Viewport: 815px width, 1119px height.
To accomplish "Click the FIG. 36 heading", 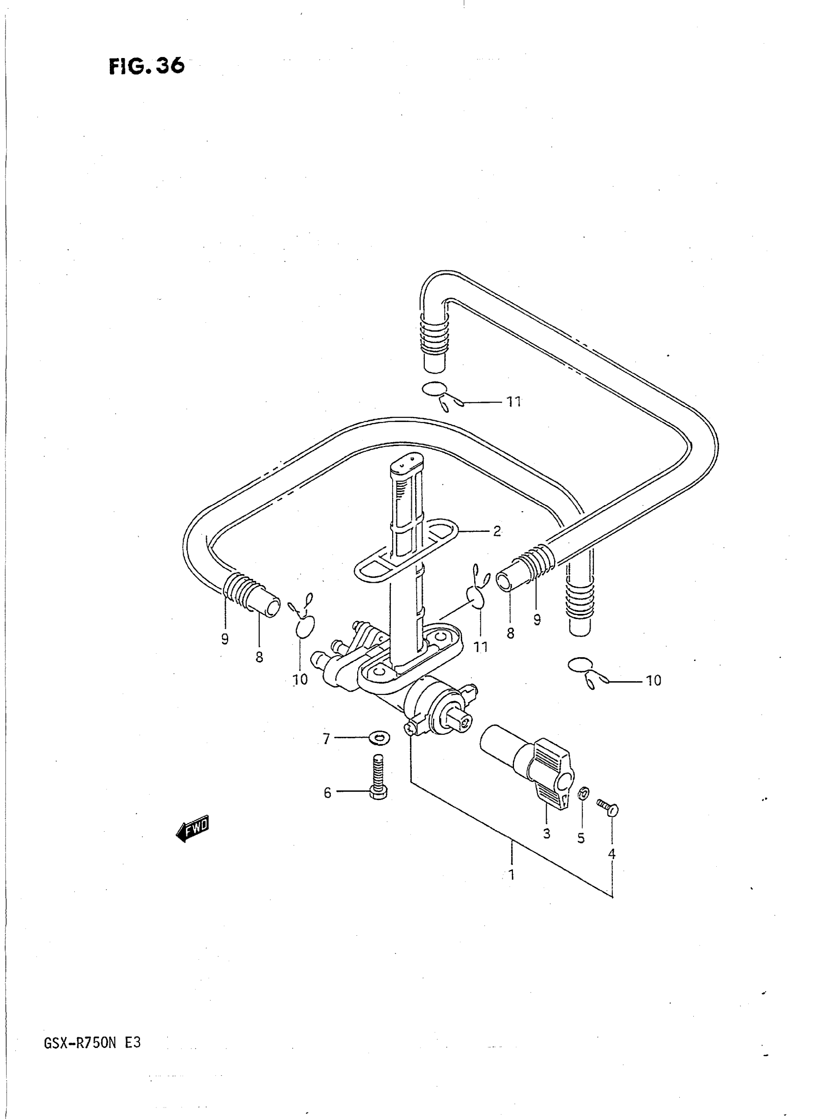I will tap(147, 66).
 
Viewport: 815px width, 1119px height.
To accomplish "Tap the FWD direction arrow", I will tap(193, 827).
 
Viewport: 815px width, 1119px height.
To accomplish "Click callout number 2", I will tap(497, 531).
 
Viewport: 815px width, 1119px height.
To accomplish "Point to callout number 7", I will tap(326, 739).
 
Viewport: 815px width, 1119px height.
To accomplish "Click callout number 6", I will tap(327, 793).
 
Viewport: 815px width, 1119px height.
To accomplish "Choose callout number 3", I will tap(547, 834).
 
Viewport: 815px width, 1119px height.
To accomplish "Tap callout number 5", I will tap(581, 838).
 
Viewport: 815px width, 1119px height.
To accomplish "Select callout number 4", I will tap(612, 853).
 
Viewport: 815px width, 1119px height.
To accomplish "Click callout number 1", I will tap(512, 875).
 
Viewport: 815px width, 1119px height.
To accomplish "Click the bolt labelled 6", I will tap(378, 779).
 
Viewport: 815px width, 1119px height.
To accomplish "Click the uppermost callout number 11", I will tap(514, 402).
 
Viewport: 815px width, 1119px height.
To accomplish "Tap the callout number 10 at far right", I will tap(653, 681).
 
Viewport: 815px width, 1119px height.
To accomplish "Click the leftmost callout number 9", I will tap(225, 639).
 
